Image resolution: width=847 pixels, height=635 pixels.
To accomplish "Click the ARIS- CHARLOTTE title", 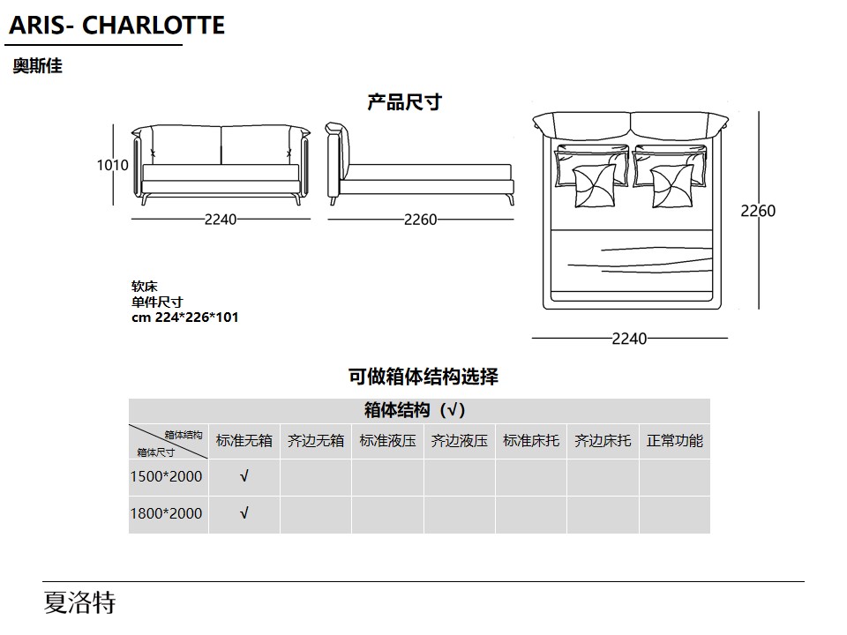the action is coord(117,26).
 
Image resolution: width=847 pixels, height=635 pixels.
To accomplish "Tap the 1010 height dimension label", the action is coord(112,165).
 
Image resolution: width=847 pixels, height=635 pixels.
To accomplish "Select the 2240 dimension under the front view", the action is coord(221,220).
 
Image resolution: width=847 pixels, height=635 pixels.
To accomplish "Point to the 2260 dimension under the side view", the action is coord(420,220).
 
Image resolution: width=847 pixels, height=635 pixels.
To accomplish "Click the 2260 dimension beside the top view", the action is coord(757,211).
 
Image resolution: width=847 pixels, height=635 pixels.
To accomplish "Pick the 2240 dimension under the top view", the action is coord(629,339).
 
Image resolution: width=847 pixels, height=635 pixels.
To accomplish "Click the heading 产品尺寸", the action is coord(405,102).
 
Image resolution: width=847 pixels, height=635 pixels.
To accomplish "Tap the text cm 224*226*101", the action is coord(184,317).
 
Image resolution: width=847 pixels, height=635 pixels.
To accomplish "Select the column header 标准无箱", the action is coord(244,441).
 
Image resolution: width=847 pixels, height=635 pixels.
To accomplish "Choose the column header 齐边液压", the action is coord(459,441).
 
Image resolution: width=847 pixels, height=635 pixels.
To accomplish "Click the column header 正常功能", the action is coord(675,441).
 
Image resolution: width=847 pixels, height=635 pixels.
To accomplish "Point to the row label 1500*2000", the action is coord(167,476).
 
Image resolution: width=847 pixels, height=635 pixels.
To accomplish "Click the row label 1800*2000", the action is coord(167,513).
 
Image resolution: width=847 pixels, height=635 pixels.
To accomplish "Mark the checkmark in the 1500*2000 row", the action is coord(244,475).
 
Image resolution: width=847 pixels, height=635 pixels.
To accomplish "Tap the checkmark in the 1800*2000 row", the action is coord(244,512).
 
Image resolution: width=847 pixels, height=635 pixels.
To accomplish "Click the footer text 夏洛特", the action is coord(79,602).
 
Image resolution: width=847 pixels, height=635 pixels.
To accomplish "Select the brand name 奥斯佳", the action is coord(37,66).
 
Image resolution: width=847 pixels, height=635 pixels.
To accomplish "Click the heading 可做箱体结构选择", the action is coord(423,377).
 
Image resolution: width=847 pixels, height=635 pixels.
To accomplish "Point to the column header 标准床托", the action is coord(531,441).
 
